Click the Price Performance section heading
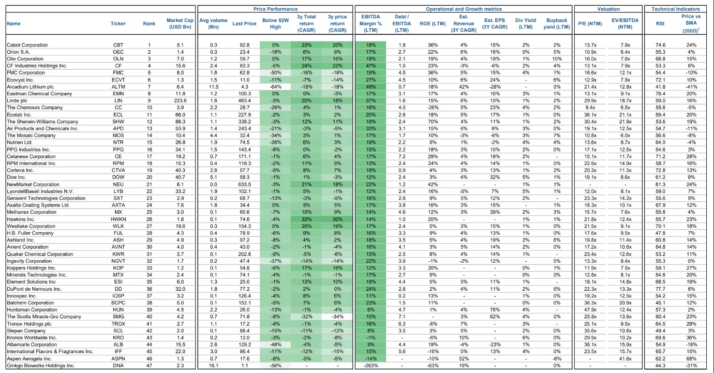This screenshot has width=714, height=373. pyautogui.click(x=275, y=9)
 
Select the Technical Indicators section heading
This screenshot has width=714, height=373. pyautogui.click(x=675, y=9)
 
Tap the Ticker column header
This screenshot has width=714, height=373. pyautogui.click(x=118, y=24)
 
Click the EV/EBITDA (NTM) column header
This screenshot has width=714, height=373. pyautogui.click(x=625, y=24)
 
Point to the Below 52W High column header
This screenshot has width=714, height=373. pyautogui.click(x=275, y=24)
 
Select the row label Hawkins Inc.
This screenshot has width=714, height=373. pyautogui.click(x=21, y=219)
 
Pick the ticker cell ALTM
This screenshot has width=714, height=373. pyautogui.click(x=118, y=87)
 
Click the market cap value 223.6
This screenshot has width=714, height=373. pyautogui.click(x=180, y=101)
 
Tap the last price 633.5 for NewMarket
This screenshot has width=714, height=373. pyautogui.click(x=244, y=184)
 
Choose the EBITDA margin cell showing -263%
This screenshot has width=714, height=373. pyautogui.click(x=371, y=366)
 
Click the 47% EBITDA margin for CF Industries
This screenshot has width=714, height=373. pyautogui.click(x=371, y=66)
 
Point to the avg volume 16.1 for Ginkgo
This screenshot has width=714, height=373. pyautogui.click(x=213, y=366)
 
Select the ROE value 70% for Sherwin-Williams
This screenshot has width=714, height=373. pyautogui.click(x=432, y=121)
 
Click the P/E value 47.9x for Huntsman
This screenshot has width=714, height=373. pyautogui.click(x=590, y=310)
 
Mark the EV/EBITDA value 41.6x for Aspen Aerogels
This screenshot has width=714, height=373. pyautogui.click(x=625, y=358)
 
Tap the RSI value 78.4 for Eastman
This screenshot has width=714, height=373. pyautogui.click(x=660, y=94)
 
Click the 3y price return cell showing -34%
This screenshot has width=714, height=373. pyautogui.click(x=337, y=316)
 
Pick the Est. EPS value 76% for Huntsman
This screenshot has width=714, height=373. pyautogui.click(x=494, y=310)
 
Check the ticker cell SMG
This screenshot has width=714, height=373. pyautogui.click(x=118, y=316)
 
